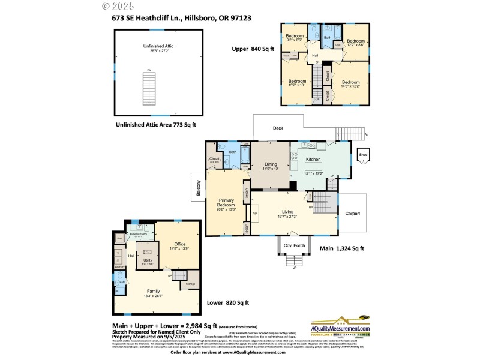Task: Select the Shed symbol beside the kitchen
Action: click(364, 155)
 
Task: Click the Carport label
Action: click(352, 213)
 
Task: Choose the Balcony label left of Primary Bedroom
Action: click(198, 189)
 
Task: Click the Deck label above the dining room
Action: click(278, 128)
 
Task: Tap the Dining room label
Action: click(269, 165)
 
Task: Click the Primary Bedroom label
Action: click(226, 203)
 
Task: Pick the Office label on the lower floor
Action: click(179, 244)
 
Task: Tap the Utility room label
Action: click(148, 260)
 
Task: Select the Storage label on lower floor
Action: click(190, 284)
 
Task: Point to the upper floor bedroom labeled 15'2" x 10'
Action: click(296, 82)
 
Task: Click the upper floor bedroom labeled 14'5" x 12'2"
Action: click(350, 83)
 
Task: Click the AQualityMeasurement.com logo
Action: click(339, 328)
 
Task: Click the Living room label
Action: click(287, 213)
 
